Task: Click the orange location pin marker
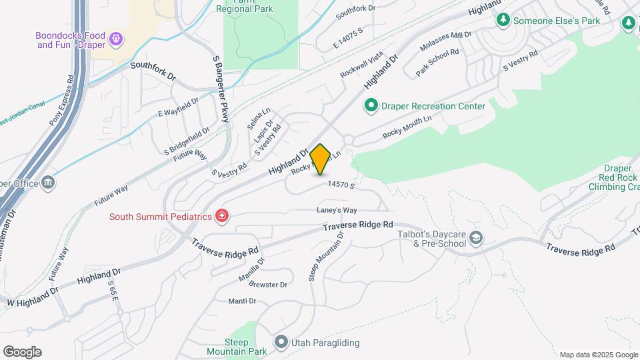pos(321,159)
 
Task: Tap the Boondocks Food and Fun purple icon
pos(116,39)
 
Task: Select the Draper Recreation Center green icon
pos(370,105)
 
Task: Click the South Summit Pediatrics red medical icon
pos(221,217)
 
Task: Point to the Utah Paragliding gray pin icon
pos(281,343)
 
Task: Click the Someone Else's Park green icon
pos(503,21)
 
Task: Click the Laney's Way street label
pos(341,211)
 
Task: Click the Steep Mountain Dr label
pos(325,257)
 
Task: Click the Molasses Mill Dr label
pos(445,42)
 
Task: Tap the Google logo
pos(22,351)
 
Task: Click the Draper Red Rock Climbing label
pos(612,178)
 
